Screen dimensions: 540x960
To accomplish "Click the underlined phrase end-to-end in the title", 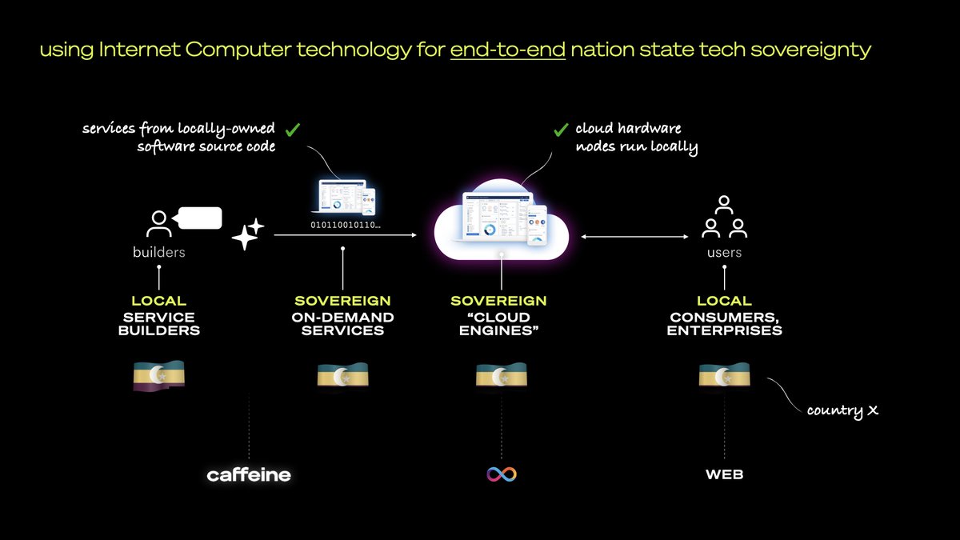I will pyautogui.click(x=508, y=50).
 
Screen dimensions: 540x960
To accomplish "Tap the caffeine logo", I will pyautogui.click(x=249, y=475).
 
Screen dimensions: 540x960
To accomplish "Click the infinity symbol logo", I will pyautogui.click(x=502, y=474).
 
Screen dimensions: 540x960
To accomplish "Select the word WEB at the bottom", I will pyautogui.click(x=724, y=475).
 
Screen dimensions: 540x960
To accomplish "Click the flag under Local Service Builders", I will pyautogui.click(x=158, y=376).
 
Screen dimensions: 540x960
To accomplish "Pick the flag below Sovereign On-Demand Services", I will pyautogui.click(x=342, y=376).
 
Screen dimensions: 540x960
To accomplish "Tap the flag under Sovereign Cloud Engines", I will pyautogui.click(x=502, y=376).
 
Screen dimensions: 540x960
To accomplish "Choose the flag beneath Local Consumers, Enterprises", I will pyautogui.click(x=724, y=376).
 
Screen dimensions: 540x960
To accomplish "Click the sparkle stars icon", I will pyautogui.click(x=246, y=234).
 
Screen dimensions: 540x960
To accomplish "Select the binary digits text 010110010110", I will pyautogui.click(x=346, y=226).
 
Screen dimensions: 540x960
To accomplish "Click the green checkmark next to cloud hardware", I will pyautogui.click(x=561, y=130).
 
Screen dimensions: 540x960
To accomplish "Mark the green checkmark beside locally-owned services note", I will pyautogui.click(x=293, y=128).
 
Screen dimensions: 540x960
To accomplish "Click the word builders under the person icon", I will pyautogui.click(x=158, y=253).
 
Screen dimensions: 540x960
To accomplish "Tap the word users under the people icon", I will pyautogui.click(x=724, y=253).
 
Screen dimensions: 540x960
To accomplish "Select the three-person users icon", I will pyautogui.click(x=724, y=218).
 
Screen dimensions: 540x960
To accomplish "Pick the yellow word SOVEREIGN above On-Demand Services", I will pyautogui.click(x=342, y=302).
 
